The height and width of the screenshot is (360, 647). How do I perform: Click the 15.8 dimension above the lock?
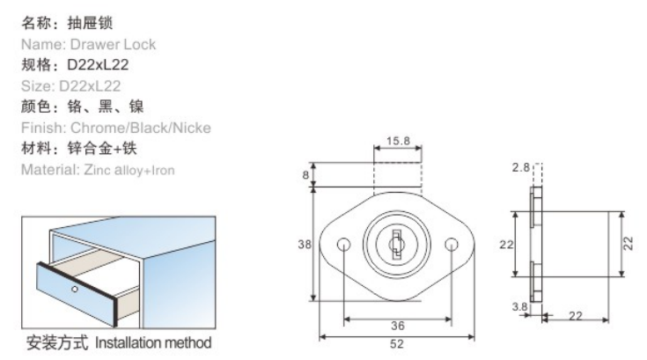click(x=396, y=141)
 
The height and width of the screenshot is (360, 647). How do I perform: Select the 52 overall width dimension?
click(x=397, y=346)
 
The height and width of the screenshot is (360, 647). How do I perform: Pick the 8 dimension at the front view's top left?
click(x=305, y=175)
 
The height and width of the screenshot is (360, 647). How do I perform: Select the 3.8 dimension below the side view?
click(x=519, y=307)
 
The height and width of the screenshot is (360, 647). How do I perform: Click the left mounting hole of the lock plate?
click(x=344, y=244)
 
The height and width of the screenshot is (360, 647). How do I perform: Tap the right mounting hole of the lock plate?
click(x=452, y=244)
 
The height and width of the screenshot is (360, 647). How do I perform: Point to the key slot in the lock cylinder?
click(x=397, y=240)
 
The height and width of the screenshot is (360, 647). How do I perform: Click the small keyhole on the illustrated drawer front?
click(x=75, y=290)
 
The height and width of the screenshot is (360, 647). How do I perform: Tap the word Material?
click(x=47, y=169)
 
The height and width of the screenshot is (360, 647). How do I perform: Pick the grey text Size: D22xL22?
click(x=71, y=85)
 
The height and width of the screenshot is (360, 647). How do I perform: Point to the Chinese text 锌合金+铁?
click(x=99, y=148)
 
